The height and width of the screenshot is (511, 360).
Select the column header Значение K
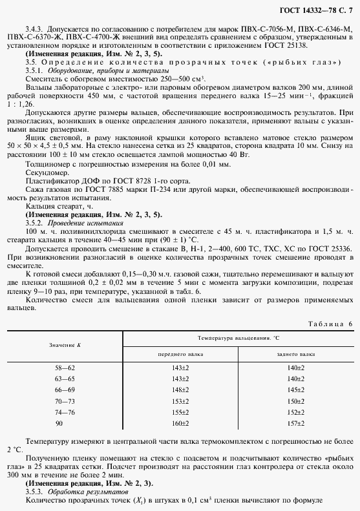click(x=65, y=346)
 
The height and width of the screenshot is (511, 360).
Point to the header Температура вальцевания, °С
click(x=237, y=338)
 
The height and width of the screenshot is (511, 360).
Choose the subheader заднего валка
click(x=295, y=354)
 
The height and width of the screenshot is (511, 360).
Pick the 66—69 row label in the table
click(x=65, y=390)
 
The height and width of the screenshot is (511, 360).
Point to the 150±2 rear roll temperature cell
click(x=296, y=401)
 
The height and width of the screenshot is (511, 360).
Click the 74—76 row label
click(x=65, y=412)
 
